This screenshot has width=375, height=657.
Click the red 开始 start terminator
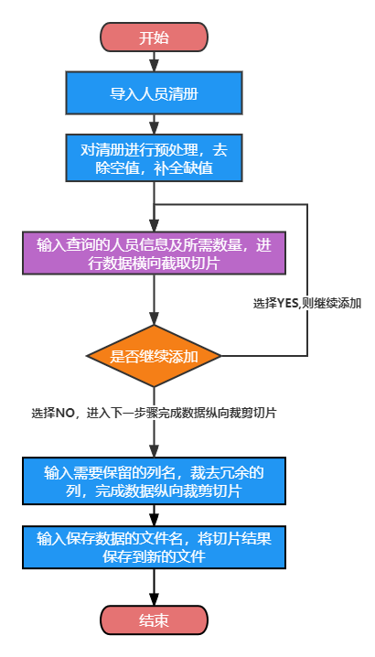click(154, 38)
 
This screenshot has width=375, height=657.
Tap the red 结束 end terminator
click(154, 620)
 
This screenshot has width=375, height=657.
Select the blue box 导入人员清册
click(154, 92)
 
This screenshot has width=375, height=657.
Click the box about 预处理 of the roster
click(154, 157)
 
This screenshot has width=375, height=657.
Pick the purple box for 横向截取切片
click(154, 253)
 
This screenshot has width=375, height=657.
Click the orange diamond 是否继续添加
click(154, 356)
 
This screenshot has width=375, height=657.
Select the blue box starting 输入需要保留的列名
click(154, 480)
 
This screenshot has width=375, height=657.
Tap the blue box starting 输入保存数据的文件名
click(154, 547)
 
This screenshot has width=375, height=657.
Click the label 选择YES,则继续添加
click(307, 304)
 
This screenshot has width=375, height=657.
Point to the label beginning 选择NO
click(154, 413)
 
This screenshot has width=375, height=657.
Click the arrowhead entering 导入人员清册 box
click(154, 66)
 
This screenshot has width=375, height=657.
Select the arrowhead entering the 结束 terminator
click(154, 599)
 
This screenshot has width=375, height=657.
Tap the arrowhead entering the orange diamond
click(154, 319)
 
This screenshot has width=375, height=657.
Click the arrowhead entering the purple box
click(154, 226)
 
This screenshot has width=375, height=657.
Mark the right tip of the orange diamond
click(221, 356)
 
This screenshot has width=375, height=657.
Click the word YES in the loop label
click(285, 304)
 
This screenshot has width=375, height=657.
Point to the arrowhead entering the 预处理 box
click(154, 129)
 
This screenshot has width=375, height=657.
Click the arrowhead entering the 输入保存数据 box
click(154, 520)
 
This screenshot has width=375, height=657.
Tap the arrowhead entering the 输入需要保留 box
click(154, 452)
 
